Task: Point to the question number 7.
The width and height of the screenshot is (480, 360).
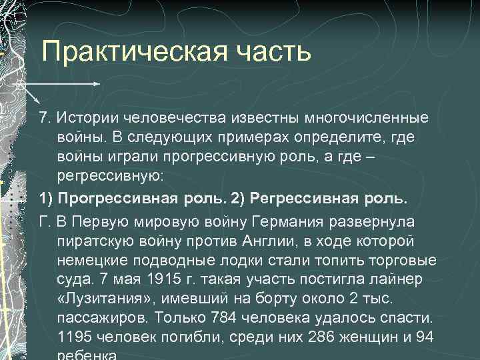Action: tap(44, 118)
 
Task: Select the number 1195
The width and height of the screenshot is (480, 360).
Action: tap(75, 337)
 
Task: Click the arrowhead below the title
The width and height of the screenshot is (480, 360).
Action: tap(97, 85)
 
